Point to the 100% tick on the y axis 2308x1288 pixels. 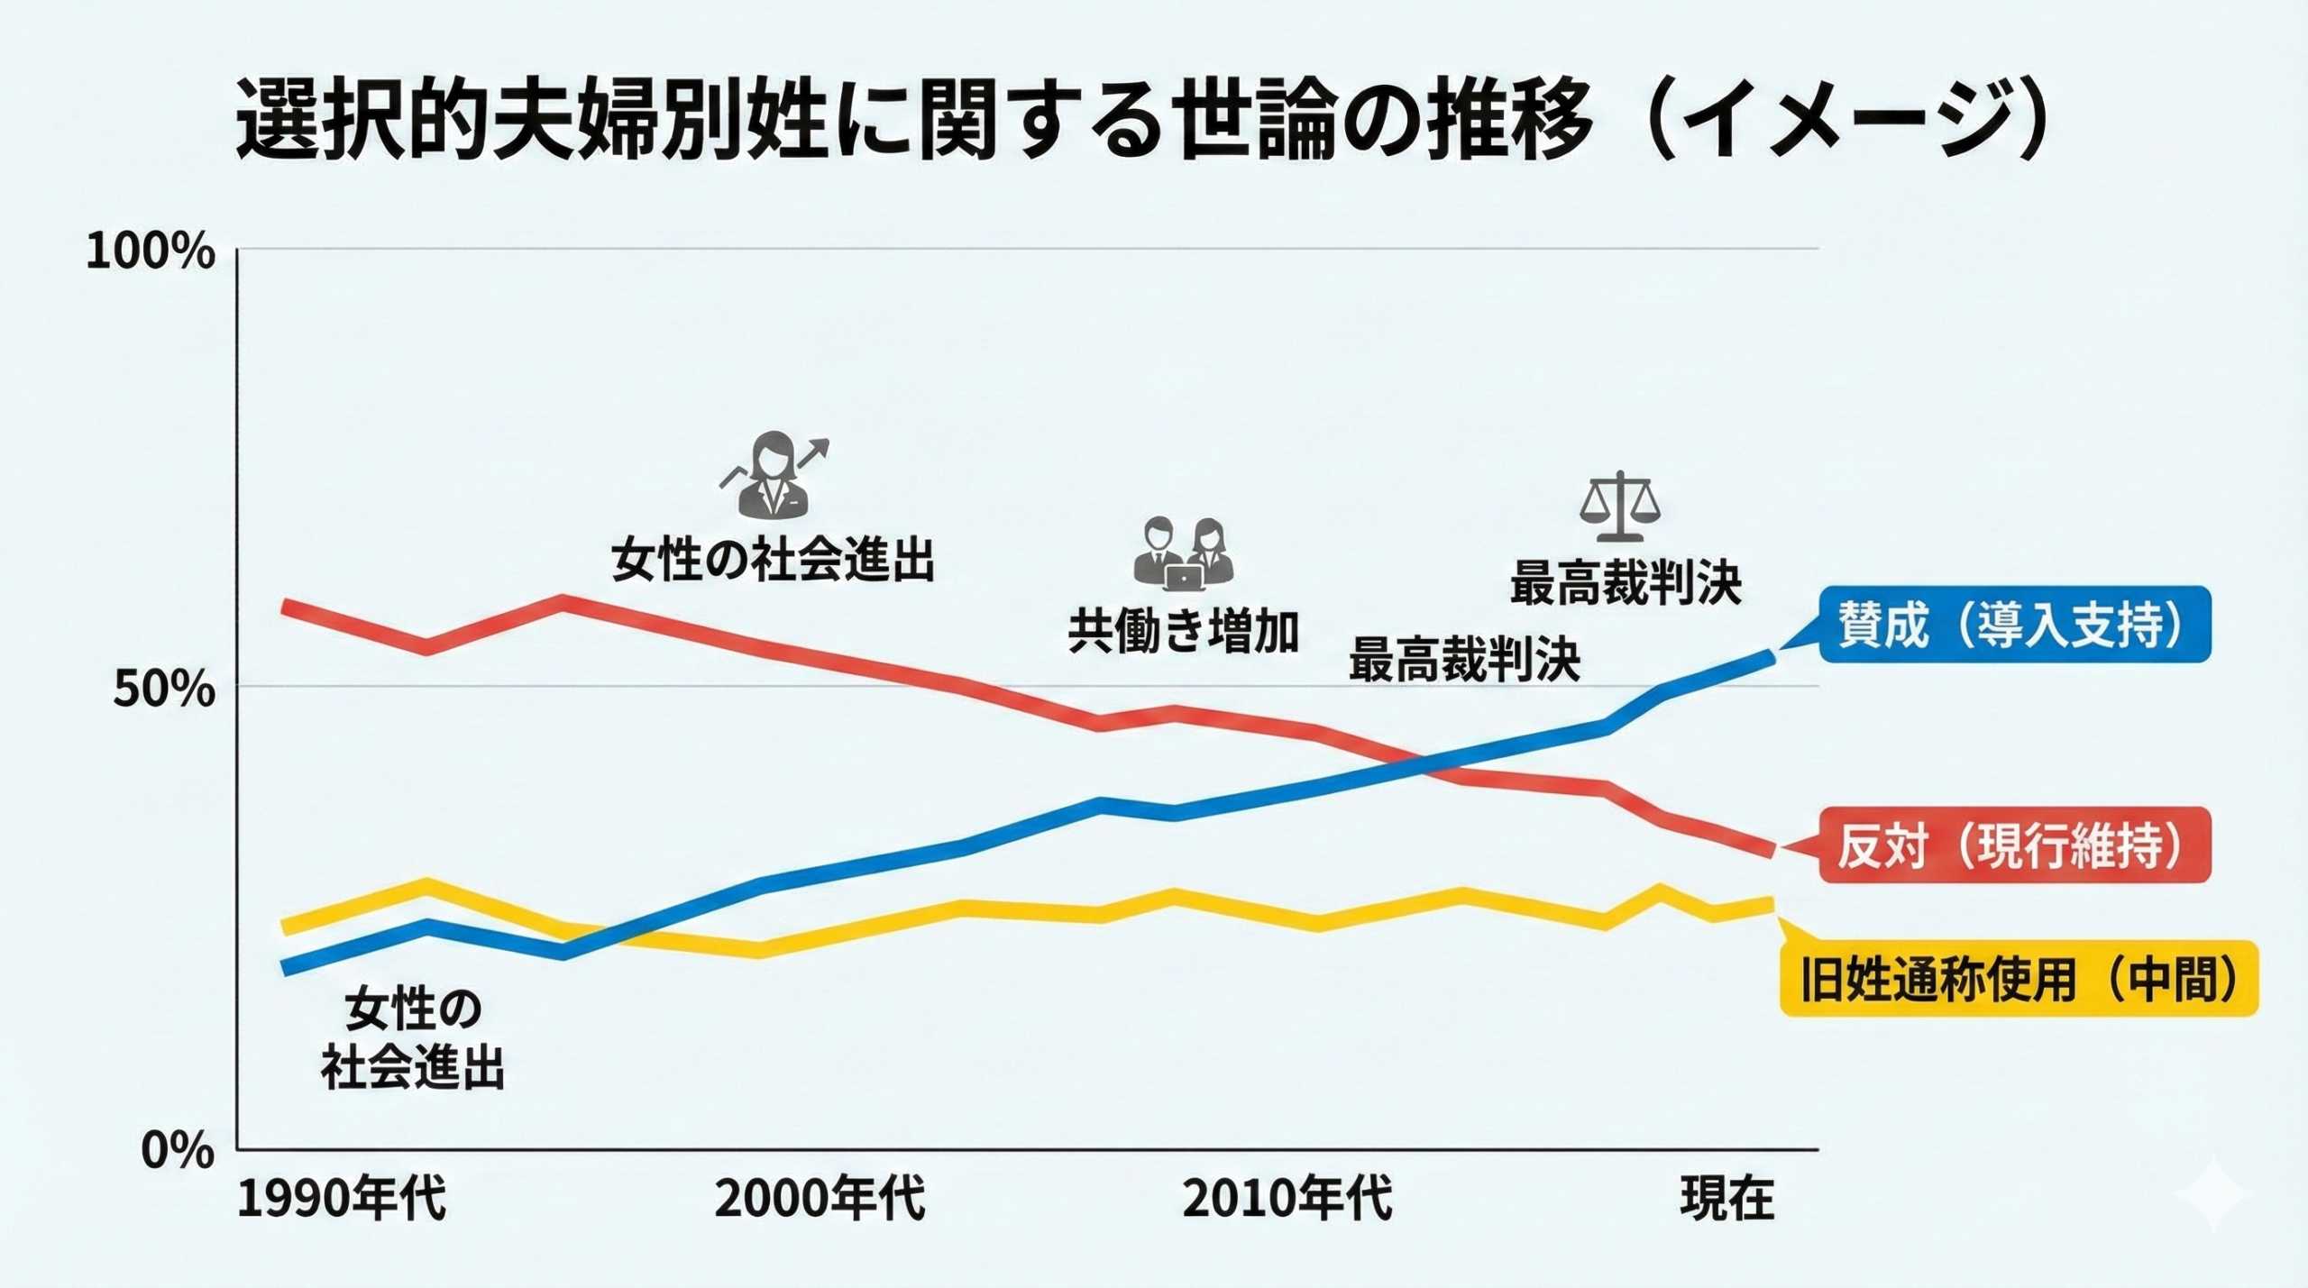pos(151,253)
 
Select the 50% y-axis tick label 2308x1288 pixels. pos(165,691)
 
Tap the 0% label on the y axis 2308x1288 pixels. pos(178,1153)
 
